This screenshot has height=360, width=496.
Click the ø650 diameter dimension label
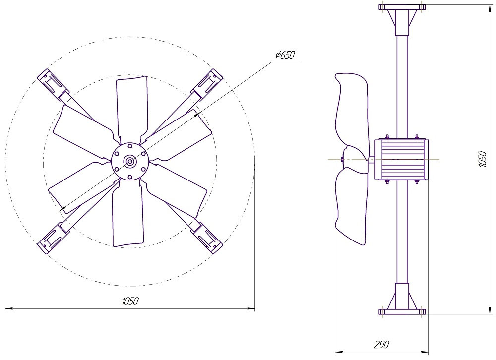pos(285,55)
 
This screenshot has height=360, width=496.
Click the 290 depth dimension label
pos(382,344)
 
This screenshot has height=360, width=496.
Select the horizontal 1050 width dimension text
pos(130,301)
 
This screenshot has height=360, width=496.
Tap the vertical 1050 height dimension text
pos(483,159)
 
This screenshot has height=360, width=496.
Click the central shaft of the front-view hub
pos(130,162)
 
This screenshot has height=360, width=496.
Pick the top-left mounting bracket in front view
pos(53,84)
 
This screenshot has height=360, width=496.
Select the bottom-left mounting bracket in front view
pos(53,238)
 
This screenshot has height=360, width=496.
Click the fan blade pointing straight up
pos(131,108)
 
